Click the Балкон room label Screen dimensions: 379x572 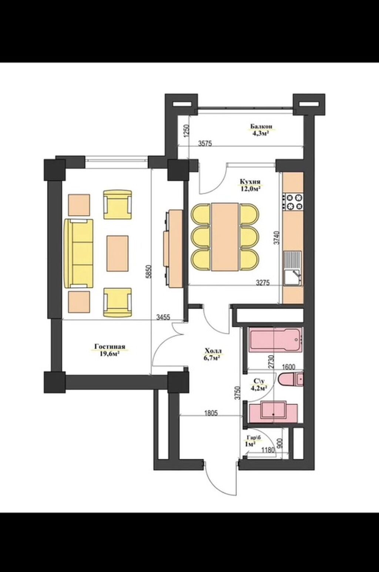click(x=261, y=126)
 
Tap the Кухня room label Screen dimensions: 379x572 click(x=250, y=182)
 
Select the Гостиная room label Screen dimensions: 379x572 click(x=110, y=347)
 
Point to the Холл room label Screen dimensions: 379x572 click(x=213, y=351)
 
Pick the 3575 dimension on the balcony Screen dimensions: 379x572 click(x=205, y=143)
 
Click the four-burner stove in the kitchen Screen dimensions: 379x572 click(x=293, y=201)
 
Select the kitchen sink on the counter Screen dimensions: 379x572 click(x=293, y=268)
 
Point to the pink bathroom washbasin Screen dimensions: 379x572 click(x=273, y=414)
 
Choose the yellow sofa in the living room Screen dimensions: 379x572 click(x=79, y=253)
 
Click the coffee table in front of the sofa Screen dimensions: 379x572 click(x=117, y=253)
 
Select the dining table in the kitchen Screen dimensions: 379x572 click(x=225, y=236)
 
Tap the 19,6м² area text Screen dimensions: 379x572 click(x=110, y=354)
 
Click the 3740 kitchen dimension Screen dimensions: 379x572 click(x=277, y=238)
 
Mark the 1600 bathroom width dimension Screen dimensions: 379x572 click(x=288, y=367)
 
